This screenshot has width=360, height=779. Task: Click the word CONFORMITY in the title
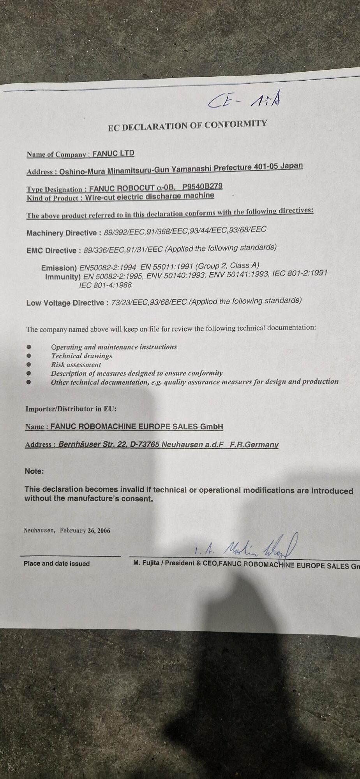tap(236, 124)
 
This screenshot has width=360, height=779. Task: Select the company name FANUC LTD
tap(113, 153)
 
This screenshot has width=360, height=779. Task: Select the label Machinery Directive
tap(62, 233)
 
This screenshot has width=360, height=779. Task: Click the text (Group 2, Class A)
tap(227, 266)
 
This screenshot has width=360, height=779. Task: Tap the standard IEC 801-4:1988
tap(105, 285)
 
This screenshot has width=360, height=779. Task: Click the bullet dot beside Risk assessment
tap(28, 365)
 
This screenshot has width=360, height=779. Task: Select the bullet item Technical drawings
tap(81, 356)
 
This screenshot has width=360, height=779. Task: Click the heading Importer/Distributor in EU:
tap(71, 409)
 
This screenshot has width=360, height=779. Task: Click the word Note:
tap(34, 471)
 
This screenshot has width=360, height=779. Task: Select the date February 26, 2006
tap(85, 530)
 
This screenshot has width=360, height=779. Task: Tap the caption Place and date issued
tap(56, 564)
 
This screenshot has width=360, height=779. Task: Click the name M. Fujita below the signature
tap(146, 563)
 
